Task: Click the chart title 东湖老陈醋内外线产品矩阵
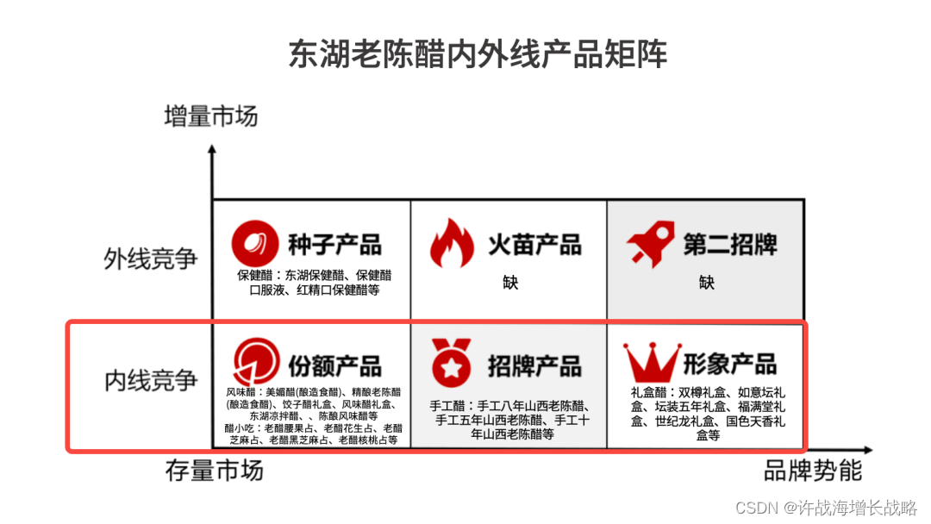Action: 478,54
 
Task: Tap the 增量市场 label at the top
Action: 210,115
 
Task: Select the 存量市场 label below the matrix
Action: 214,471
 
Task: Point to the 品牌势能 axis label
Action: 812,471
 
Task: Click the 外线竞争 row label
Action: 151,258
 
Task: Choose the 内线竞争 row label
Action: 151,380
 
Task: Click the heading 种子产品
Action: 334,244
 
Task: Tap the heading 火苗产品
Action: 534,244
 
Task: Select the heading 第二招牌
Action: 730,244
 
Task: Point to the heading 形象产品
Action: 730,363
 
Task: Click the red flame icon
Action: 452,243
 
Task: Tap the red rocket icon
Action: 650,245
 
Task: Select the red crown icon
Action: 652,364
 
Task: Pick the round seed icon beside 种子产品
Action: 254,243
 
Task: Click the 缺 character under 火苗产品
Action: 510,282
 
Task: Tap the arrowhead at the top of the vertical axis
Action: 212,150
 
